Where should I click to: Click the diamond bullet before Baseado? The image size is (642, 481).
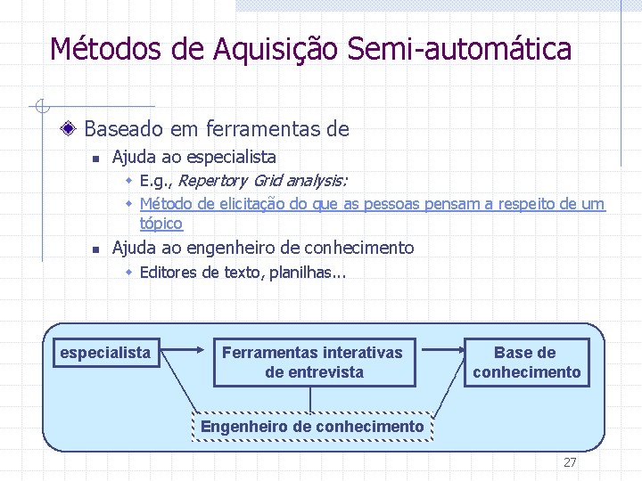pos(69,129)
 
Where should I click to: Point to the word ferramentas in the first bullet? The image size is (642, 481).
pos(259,129)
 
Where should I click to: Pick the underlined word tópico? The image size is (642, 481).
pos(160,223)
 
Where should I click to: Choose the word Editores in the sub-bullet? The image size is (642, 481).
pos(169,272)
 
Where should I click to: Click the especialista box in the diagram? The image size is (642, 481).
pos(105,353)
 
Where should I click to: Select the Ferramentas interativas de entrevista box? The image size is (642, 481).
pos(314,362)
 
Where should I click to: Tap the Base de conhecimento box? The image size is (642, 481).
pos(526,362)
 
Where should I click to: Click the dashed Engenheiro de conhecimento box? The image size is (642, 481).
pos(312,427)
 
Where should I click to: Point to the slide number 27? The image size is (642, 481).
pos(569,462)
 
